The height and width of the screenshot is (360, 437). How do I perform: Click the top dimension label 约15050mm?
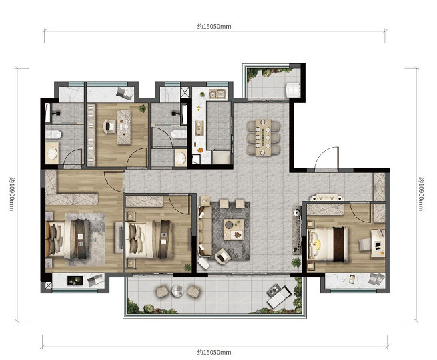pos(214,27)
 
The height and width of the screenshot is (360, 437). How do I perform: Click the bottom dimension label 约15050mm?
pos(214,352)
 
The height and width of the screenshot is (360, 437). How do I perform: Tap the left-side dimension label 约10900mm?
pos(11,194)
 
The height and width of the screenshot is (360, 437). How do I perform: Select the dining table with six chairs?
pos(263,137)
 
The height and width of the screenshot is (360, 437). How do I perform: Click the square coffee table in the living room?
pos(234,230)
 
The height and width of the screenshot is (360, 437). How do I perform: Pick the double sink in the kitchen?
pos(217,94)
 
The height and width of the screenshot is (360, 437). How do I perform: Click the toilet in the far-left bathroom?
pos(53,134)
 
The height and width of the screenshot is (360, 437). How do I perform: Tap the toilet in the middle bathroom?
pos(179,134)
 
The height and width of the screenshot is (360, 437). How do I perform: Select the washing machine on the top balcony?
pos(293,89)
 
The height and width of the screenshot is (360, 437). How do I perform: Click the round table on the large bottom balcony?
pos(177,291)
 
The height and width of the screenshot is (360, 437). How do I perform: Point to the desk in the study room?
pos(124,127)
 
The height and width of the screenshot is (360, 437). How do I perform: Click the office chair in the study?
pos(109,126)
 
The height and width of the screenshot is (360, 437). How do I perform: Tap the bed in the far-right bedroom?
pos(328,244)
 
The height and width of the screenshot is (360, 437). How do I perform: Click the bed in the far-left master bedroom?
pos(69,239)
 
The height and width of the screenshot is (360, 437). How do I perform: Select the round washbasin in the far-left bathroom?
pos(52,153)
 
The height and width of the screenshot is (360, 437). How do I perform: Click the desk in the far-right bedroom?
pos(378,243)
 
